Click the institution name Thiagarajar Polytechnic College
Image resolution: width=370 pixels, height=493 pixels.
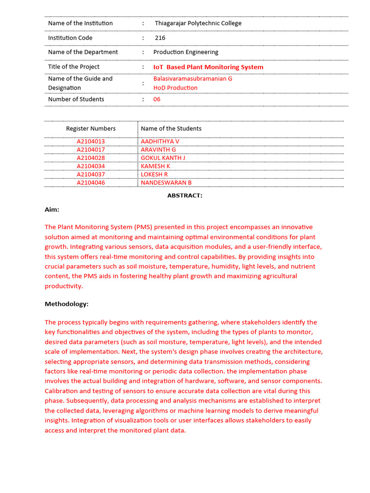coord(198,23)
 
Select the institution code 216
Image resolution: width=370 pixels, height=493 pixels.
coord(160,38)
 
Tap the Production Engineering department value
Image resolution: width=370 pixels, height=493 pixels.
coord(185,52)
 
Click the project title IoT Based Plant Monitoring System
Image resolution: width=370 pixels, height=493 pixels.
coord(208,67)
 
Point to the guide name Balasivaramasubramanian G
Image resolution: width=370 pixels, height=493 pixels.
coord(193,78)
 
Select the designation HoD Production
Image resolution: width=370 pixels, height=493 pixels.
coord(175,88)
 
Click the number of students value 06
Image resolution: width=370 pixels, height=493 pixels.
coord(157,99)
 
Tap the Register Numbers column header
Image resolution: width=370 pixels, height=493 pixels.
coord(91,129)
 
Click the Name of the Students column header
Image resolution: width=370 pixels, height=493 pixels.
coord(171,129)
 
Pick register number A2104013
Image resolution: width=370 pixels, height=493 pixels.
coord(91,142)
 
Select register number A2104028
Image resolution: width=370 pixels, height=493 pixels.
coord(91,158)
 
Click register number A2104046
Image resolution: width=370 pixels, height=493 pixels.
coord(91,182)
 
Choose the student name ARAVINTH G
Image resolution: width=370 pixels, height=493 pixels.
coord(158,150)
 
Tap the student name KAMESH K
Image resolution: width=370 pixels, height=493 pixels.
coord(155,166)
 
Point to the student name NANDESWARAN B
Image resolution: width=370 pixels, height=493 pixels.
coord(166,182)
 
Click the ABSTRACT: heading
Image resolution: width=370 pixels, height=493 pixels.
coord(185,195)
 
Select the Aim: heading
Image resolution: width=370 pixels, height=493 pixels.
coord(52,209)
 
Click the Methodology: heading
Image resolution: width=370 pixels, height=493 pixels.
coord(66,304)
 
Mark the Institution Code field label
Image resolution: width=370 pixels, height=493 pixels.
coord(70,38)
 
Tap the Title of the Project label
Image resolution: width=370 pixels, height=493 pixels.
coord(74,66)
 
